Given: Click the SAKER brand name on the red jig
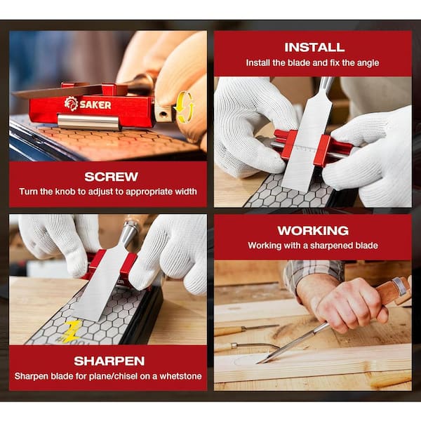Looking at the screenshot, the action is click(x=95, y=105).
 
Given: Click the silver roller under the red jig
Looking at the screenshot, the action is click(x=88, y=121).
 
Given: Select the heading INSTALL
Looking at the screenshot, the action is click(x=314, y=48).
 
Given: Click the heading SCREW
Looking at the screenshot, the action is click(x=111, y=177).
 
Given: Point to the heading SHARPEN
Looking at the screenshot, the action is click(x=109, y=361).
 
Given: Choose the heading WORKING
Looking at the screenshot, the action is click(x=313, y=231).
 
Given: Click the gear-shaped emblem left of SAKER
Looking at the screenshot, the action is click(x=71, y=103).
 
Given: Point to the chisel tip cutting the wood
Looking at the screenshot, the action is click(x=258, y=363).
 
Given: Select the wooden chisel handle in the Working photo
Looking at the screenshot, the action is click(x=392, y=290).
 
